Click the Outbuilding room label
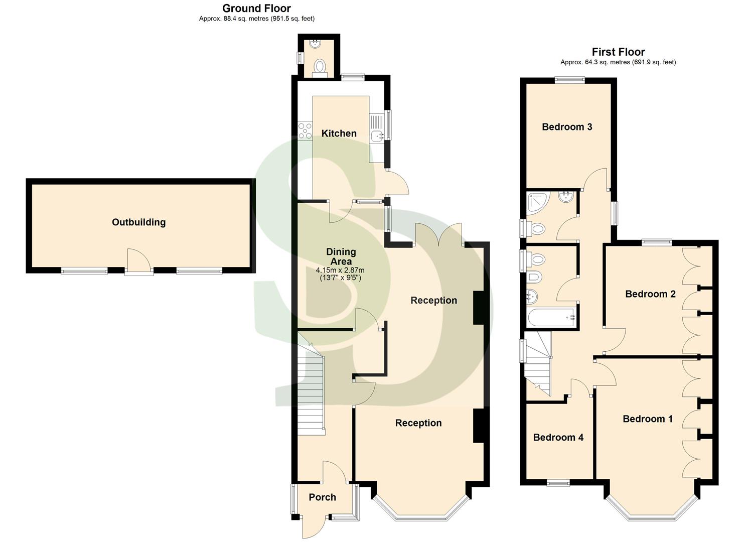(138, 222)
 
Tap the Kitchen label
(339, 133)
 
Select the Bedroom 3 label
(567, 127)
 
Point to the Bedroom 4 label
(558, 438)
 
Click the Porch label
(322, 497)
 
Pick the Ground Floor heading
(256, 9)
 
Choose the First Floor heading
(618, 52)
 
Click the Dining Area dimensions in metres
(341, 270)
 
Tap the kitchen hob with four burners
(305, 130)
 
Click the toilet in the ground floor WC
(320, 67)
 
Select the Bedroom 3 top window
(569, 79)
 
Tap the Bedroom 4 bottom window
(558, 483)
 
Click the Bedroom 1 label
(647, 419)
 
